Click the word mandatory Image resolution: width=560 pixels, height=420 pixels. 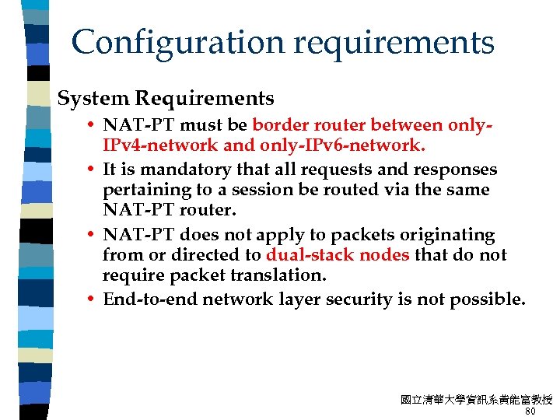click(177, 170)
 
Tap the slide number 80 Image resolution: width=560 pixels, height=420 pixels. click(530, 411)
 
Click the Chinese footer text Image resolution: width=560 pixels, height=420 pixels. click(476, 400)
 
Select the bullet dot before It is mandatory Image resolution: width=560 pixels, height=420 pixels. click(92, 170)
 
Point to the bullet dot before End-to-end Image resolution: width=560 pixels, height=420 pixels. click(92, 299)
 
